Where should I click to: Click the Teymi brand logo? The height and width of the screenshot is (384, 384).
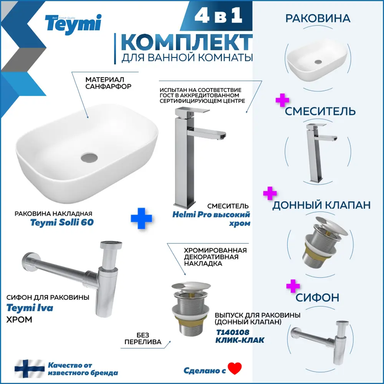point(73,23)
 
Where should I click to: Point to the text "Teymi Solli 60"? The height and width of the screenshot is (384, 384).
point(62,223)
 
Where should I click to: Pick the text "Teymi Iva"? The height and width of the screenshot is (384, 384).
point(30,308)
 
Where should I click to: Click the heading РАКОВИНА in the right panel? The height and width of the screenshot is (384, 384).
point(317,18)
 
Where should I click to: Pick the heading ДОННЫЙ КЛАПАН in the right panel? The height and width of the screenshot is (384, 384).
point(321,205)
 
